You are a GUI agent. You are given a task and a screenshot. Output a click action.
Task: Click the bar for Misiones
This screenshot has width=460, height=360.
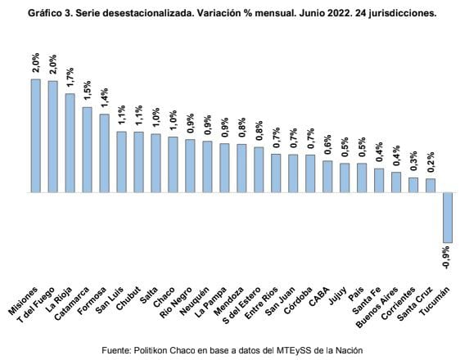36,136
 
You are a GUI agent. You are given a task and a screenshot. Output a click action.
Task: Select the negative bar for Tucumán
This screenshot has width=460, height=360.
448,218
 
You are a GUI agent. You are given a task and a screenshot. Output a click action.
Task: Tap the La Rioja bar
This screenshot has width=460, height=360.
70,143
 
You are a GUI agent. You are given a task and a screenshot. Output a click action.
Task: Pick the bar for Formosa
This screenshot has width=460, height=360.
104,153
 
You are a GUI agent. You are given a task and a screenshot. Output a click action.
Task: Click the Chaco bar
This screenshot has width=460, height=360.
173,164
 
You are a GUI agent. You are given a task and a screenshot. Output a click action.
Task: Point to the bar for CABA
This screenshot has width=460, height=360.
327,177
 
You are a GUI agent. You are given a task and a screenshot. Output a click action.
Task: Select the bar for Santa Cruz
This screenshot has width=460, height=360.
431,186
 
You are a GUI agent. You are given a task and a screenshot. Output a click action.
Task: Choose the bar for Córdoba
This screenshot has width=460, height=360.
310,173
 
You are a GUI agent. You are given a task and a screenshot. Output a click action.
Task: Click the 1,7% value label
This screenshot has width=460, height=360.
70,77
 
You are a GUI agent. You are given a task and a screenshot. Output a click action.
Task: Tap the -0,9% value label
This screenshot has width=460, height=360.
446,257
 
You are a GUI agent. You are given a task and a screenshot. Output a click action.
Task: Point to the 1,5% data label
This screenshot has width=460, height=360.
87,90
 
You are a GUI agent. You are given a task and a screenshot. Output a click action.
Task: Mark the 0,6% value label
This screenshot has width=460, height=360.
327,144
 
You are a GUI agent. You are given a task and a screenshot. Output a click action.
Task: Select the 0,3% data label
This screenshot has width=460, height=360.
413,160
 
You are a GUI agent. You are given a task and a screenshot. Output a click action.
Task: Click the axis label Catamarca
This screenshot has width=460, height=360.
72,304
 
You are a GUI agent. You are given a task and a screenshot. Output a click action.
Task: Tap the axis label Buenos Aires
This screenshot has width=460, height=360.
377,307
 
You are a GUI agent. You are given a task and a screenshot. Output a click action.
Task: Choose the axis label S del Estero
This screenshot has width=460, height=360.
241,305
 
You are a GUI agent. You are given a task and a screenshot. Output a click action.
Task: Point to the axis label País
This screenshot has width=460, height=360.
356,294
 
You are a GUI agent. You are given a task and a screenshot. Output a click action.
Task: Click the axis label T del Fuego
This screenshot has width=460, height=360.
36,305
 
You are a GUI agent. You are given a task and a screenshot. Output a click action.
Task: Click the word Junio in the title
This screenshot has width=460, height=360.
304,13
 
